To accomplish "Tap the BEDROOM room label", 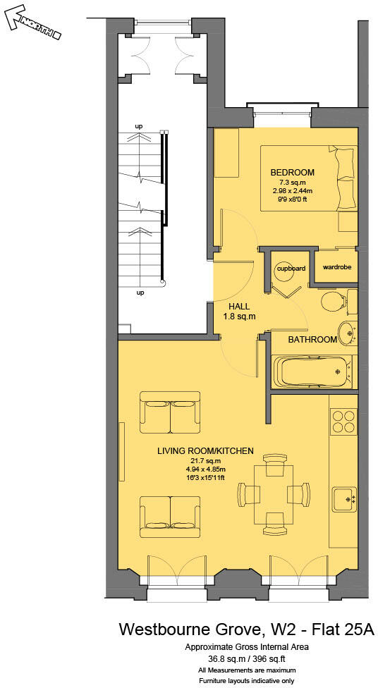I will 292,172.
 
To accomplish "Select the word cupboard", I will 291,269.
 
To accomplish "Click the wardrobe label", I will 336,267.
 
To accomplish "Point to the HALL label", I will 240,306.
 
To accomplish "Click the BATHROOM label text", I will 312,340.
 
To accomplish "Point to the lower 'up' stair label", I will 140,292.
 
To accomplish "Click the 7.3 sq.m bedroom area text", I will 292,182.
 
